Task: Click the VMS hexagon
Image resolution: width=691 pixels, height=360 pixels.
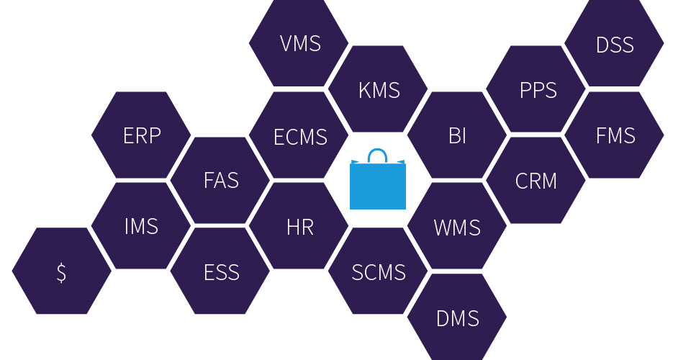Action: point(299,43)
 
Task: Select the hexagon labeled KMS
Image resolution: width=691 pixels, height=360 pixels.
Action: point(379,90)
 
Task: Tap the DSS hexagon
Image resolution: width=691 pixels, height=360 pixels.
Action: point(615,45)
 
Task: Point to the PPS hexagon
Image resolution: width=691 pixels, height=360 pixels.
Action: point(537,90)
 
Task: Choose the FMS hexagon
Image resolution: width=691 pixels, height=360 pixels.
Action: point(615,135)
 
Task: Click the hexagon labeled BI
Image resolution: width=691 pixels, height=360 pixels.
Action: point(457,135)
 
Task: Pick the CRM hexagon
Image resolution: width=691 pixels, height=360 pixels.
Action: point(536,180)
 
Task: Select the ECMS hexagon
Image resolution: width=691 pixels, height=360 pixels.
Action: point(299,135)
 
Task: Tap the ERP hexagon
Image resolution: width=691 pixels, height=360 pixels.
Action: point(142,135)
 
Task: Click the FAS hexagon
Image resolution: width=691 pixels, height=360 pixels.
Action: point(220,180)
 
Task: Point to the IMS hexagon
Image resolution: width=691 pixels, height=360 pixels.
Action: point(142,226)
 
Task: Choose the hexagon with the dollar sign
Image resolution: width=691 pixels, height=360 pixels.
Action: point(62,271)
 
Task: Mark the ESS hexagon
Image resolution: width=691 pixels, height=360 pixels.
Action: point(220,272)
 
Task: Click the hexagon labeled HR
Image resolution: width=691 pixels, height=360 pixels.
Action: point(299,226)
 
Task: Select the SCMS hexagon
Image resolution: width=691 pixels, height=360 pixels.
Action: point(379,272)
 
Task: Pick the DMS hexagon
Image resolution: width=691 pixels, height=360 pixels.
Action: point(457,318)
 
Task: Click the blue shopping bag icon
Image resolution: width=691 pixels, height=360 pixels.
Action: point(378,185)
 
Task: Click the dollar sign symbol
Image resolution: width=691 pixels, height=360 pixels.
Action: point(62,272)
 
